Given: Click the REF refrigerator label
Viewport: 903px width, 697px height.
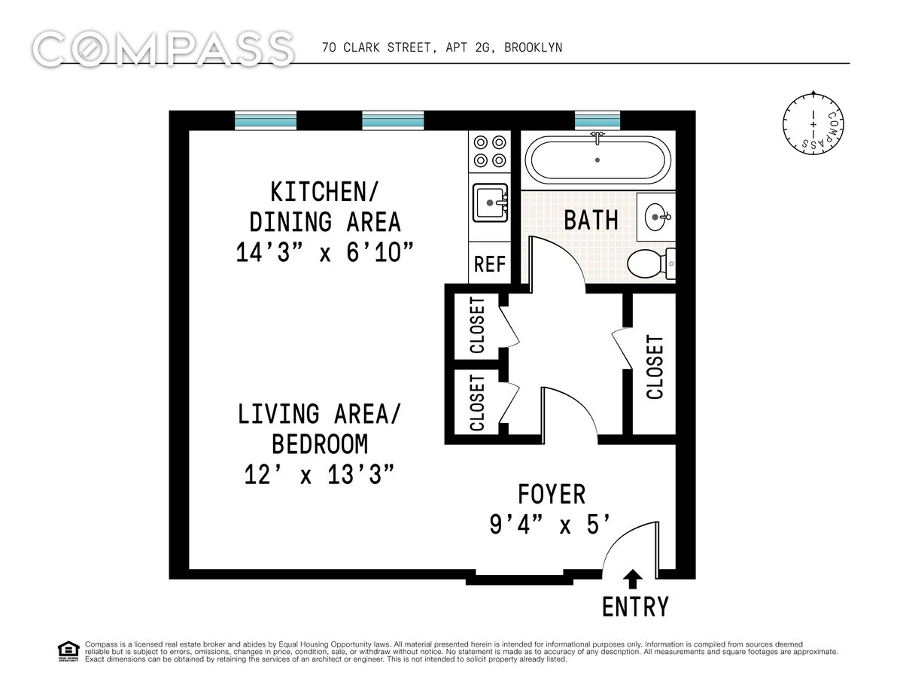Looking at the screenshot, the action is (x=490, y=264).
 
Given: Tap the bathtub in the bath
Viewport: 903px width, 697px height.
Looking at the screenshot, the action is (x=597, y=160).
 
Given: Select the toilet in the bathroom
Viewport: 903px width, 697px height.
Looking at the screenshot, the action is (x=651, y=263).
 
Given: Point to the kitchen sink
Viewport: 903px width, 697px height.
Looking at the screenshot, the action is (x=491, y=202).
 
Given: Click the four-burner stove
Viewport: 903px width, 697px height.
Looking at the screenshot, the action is (x=490, y=151).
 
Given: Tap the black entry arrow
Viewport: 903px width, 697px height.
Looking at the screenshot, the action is (x=632, y=579).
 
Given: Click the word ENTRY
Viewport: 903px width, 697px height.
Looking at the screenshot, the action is (x=635, y=607).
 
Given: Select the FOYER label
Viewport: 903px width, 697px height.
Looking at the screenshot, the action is (x=552, y=495).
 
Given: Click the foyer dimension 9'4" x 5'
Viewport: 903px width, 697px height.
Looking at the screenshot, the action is (x=549, y=525).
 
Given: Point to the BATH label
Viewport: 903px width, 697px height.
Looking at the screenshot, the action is (x=591, y=220).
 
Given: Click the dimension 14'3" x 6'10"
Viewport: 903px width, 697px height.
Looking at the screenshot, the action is (x=324, y=252).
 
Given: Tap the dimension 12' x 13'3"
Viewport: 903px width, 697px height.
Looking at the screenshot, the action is (x=319, y=475).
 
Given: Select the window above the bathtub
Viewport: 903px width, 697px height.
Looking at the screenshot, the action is (x=597, y=120).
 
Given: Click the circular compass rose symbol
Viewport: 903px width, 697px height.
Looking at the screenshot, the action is (x=813, y=123).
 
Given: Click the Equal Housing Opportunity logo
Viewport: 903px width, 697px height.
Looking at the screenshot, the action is (x=68, y=651).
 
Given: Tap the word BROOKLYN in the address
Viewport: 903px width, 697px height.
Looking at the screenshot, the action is (x=534, y=48).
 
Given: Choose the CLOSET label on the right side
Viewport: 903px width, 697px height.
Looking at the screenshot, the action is (x=655, y=367).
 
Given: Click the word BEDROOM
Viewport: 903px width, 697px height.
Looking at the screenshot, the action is (x=320, y=444).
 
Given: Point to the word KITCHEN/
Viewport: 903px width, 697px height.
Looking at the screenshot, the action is (x=324, y=192).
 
